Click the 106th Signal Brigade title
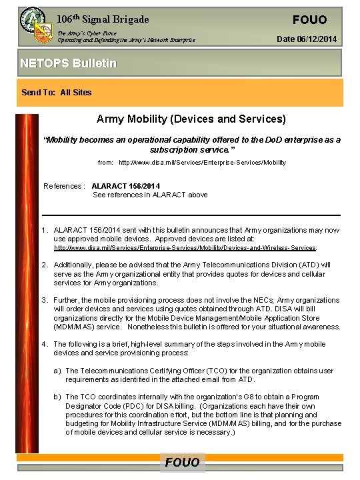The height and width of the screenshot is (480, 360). click(x=103, y=19)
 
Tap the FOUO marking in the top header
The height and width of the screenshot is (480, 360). click(x=309, y=19)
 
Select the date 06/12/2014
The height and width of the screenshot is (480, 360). click(x=306, y=40)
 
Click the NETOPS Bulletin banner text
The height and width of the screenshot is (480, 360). click(x=68, y=63)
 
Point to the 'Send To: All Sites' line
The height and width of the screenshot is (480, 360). click(x=57, y=93)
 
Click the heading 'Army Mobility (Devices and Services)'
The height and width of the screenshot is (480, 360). click(x=191, y=119)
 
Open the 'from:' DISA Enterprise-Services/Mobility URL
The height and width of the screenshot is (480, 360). click(x=202, y=163)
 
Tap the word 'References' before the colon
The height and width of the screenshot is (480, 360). click(x=63, y=186)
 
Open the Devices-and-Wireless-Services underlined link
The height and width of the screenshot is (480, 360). click(x=185, y=248)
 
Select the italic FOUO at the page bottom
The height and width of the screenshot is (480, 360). click(x=182, y=463)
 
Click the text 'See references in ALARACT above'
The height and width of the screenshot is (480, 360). click(x=150, y=195)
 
